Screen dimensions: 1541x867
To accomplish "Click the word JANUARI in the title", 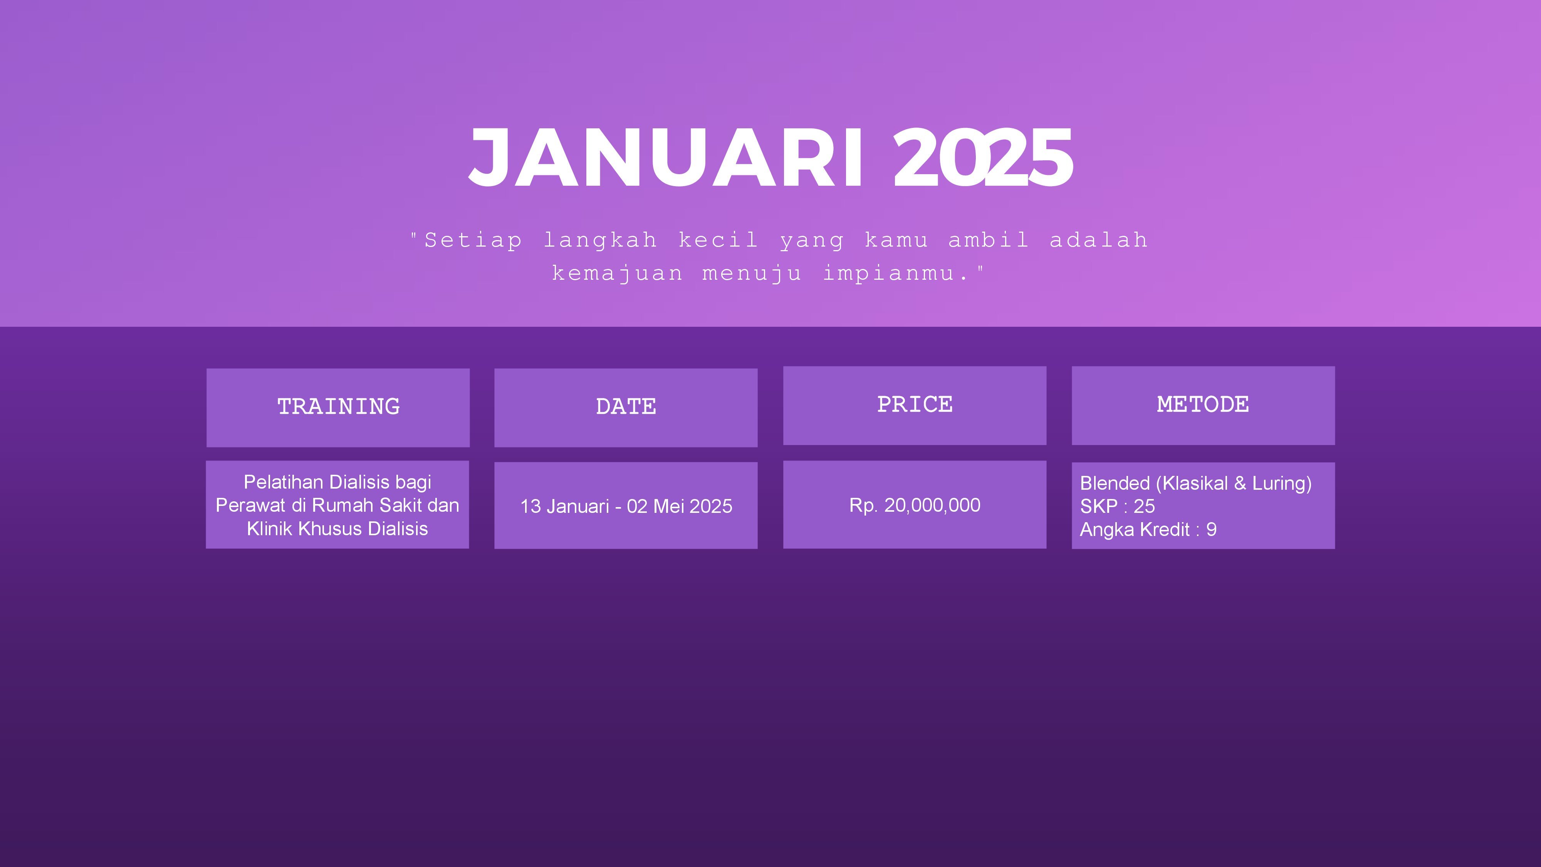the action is coord(666,157).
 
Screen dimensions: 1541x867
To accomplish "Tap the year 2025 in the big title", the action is coord(983,157).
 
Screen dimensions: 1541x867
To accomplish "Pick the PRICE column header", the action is coord(915,405).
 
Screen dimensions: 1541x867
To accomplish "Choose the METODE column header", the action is coord(1203,405).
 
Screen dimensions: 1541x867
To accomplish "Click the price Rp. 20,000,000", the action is coord(915,506).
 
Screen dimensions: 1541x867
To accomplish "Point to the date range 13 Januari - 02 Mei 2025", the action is coord(626,507).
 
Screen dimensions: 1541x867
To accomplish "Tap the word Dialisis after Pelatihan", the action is coord(359,482).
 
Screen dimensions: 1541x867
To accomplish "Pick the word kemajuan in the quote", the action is coord(617,274).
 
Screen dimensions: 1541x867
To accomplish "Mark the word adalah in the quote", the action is coord(1099,240).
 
